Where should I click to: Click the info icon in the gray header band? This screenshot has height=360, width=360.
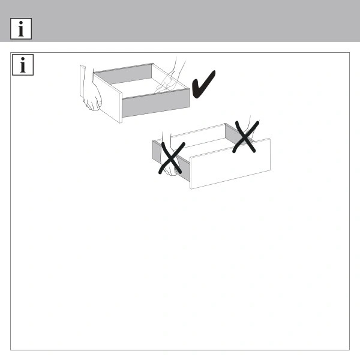[x=21, y=29]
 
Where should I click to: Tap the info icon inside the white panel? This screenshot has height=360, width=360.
[x=23, y=65]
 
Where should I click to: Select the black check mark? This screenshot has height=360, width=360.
[x=203, y=84]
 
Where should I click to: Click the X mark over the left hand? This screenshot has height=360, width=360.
[x=172, y=158]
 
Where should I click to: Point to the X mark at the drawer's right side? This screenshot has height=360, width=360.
[x=245, y=137]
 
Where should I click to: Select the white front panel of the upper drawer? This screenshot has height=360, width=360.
[x=107, y=98]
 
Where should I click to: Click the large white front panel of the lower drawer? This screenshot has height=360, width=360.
[x=230, y=164]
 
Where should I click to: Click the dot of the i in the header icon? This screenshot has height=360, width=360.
[x=21, y=23]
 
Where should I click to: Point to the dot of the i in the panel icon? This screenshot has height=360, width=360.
[x=23, y=59]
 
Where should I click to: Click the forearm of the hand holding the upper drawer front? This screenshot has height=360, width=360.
[x=88, y=76]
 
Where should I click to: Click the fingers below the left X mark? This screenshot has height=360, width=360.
[x=170, y=170]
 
